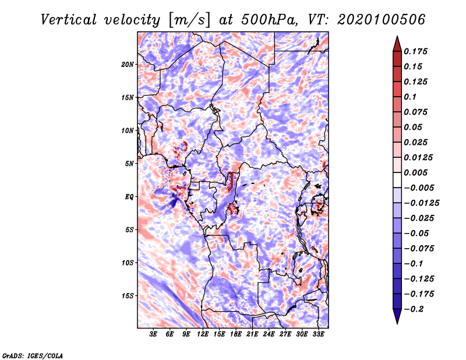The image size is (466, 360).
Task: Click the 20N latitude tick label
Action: pos(127,65)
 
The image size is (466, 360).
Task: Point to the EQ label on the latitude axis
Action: pos(129,197)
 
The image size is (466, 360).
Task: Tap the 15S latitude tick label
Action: pos(128,296)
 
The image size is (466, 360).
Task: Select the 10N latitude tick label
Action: pos(127,130)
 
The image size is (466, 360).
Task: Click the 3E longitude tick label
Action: pos(153,334)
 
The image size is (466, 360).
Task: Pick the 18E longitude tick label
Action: pos(236,334)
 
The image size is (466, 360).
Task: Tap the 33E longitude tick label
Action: pos(318,334)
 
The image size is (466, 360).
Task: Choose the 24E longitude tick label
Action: pos(269,334)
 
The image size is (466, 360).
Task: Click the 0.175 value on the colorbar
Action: pos(415,51)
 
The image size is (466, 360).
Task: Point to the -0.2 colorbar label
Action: pos(414,309)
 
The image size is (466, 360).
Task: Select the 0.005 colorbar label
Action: pos(415,172)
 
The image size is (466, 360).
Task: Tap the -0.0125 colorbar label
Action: pos(421,203)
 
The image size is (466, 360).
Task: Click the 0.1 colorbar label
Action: pos(410,97)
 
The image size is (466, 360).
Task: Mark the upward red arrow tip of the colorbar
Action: pos(397,37)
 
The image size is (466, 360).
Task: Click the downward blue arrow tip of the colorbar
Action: pos(397,323)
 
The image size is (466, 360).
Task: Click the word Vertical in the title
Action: pos(69,20)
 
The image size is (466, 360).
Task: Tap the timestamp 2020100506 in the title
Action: pos(382,20)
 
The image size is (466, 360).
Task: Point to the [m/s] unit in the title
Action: pos(189,20)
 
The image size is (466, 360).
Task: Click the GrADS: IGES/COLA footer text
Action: pos(33,355)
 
